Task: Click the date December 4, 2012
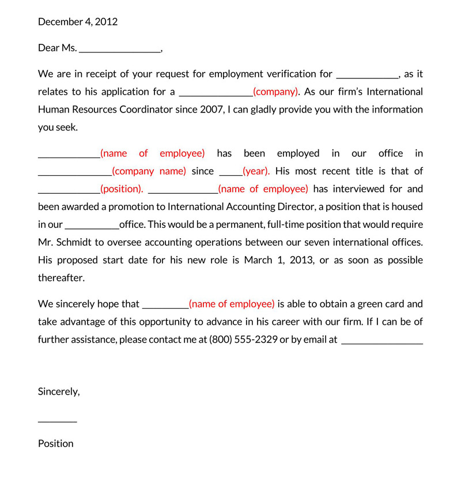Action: click(77, 22)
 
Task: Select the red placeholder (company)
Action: click(275, 92)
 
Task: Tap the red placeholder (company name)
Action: click(149, 171)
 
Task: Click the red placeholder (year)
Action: click(256, 171)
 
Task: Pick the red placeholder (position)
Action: click(121, 189)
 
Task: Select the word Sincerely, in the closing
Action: click(59, 392)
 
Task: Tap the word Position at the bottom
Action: click(56, 444)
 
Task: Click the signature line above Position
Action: click(57, 421)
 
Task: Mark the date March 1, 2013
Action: click(279, 260)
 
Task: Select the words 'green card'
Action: click(380, 304)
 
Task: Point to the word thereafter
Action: click(61, 278)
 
